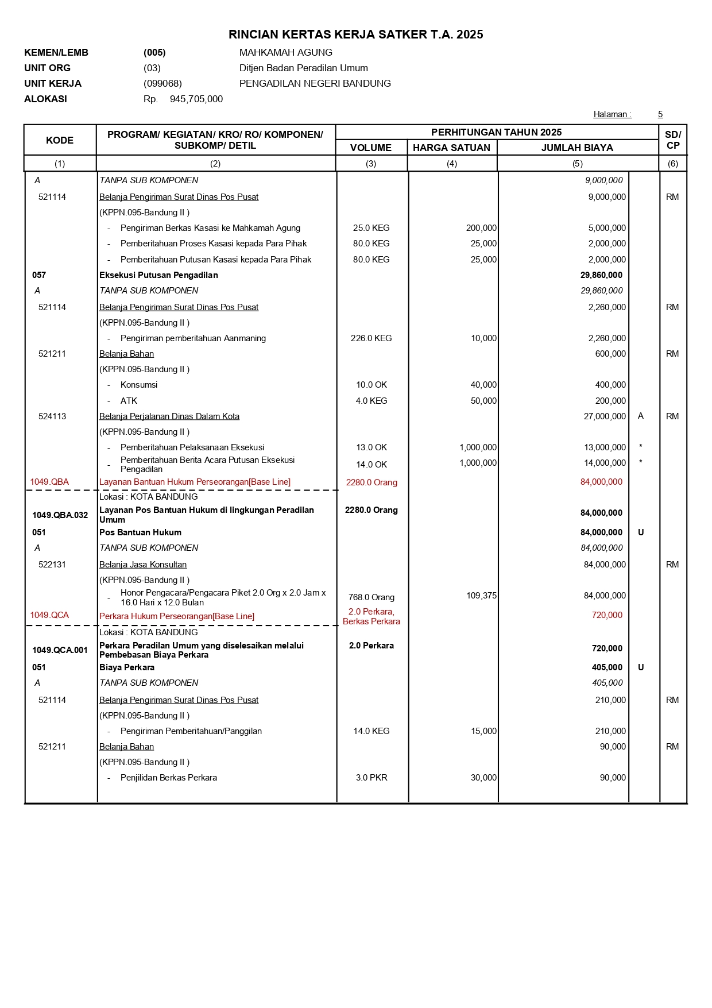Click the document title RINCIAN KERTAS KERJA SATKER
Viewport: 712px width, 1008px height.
click(x=355, y=34)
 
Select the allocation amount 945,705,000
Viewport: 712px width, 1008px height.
click(x=196, y=99)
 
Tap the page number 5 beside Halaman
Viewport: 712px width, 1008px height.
click(x=660, y=114)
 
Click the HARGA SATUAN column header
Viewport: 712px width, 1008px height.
click(x=451, y=148)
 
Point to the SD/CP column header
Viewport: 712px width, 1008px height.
click(x=672, y=140)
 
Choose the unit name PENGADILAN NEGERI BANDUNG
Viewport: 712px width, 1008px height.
click(x=315, y=83)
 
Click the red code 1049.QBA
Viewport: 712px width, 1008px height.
click(x=49, y=482)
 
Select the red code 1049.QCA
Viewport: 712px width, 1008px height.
click(x=49, y=615)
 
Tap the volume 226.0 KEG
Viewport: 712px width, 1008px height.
click(x=371, y=338)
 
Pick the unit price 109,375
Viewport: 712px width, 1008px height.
click(x=481, y=596)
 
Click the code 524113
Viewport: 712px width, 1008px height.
click(x=52, y=416)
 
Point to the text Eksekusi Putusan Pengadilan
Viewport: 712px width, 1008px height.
click(x=158, y=275)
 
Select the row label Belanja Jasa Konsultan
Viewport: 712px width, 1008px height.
click(x=143, y=565)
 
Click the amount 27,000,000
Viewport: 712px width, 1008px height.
click(x=605, y=416)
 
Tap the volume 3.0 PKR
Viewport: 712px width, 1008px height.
click(x=371, y=778)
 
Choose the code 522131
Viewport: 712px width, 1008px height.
click(x=52, y=565)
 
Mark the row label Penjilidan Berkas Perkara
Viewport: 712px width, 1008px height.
click(x=169, y=778)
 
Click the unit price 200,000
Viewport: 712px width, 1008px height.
click(x=481, y=228)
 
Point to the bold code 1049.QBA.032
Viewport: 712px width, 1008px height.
click(x=60, y=515)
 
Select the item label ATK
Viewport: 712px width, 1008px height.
click(x=129, y=401)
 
